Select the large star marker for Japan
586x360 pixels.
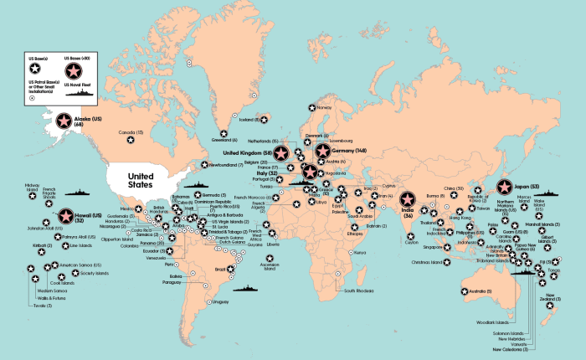click(505, 188)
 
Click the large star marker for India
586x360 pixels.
click(407, 201)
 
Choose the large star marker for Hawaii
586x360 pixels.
click(64, 217)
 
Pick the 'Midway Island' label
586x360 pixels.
click(33, 187)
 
